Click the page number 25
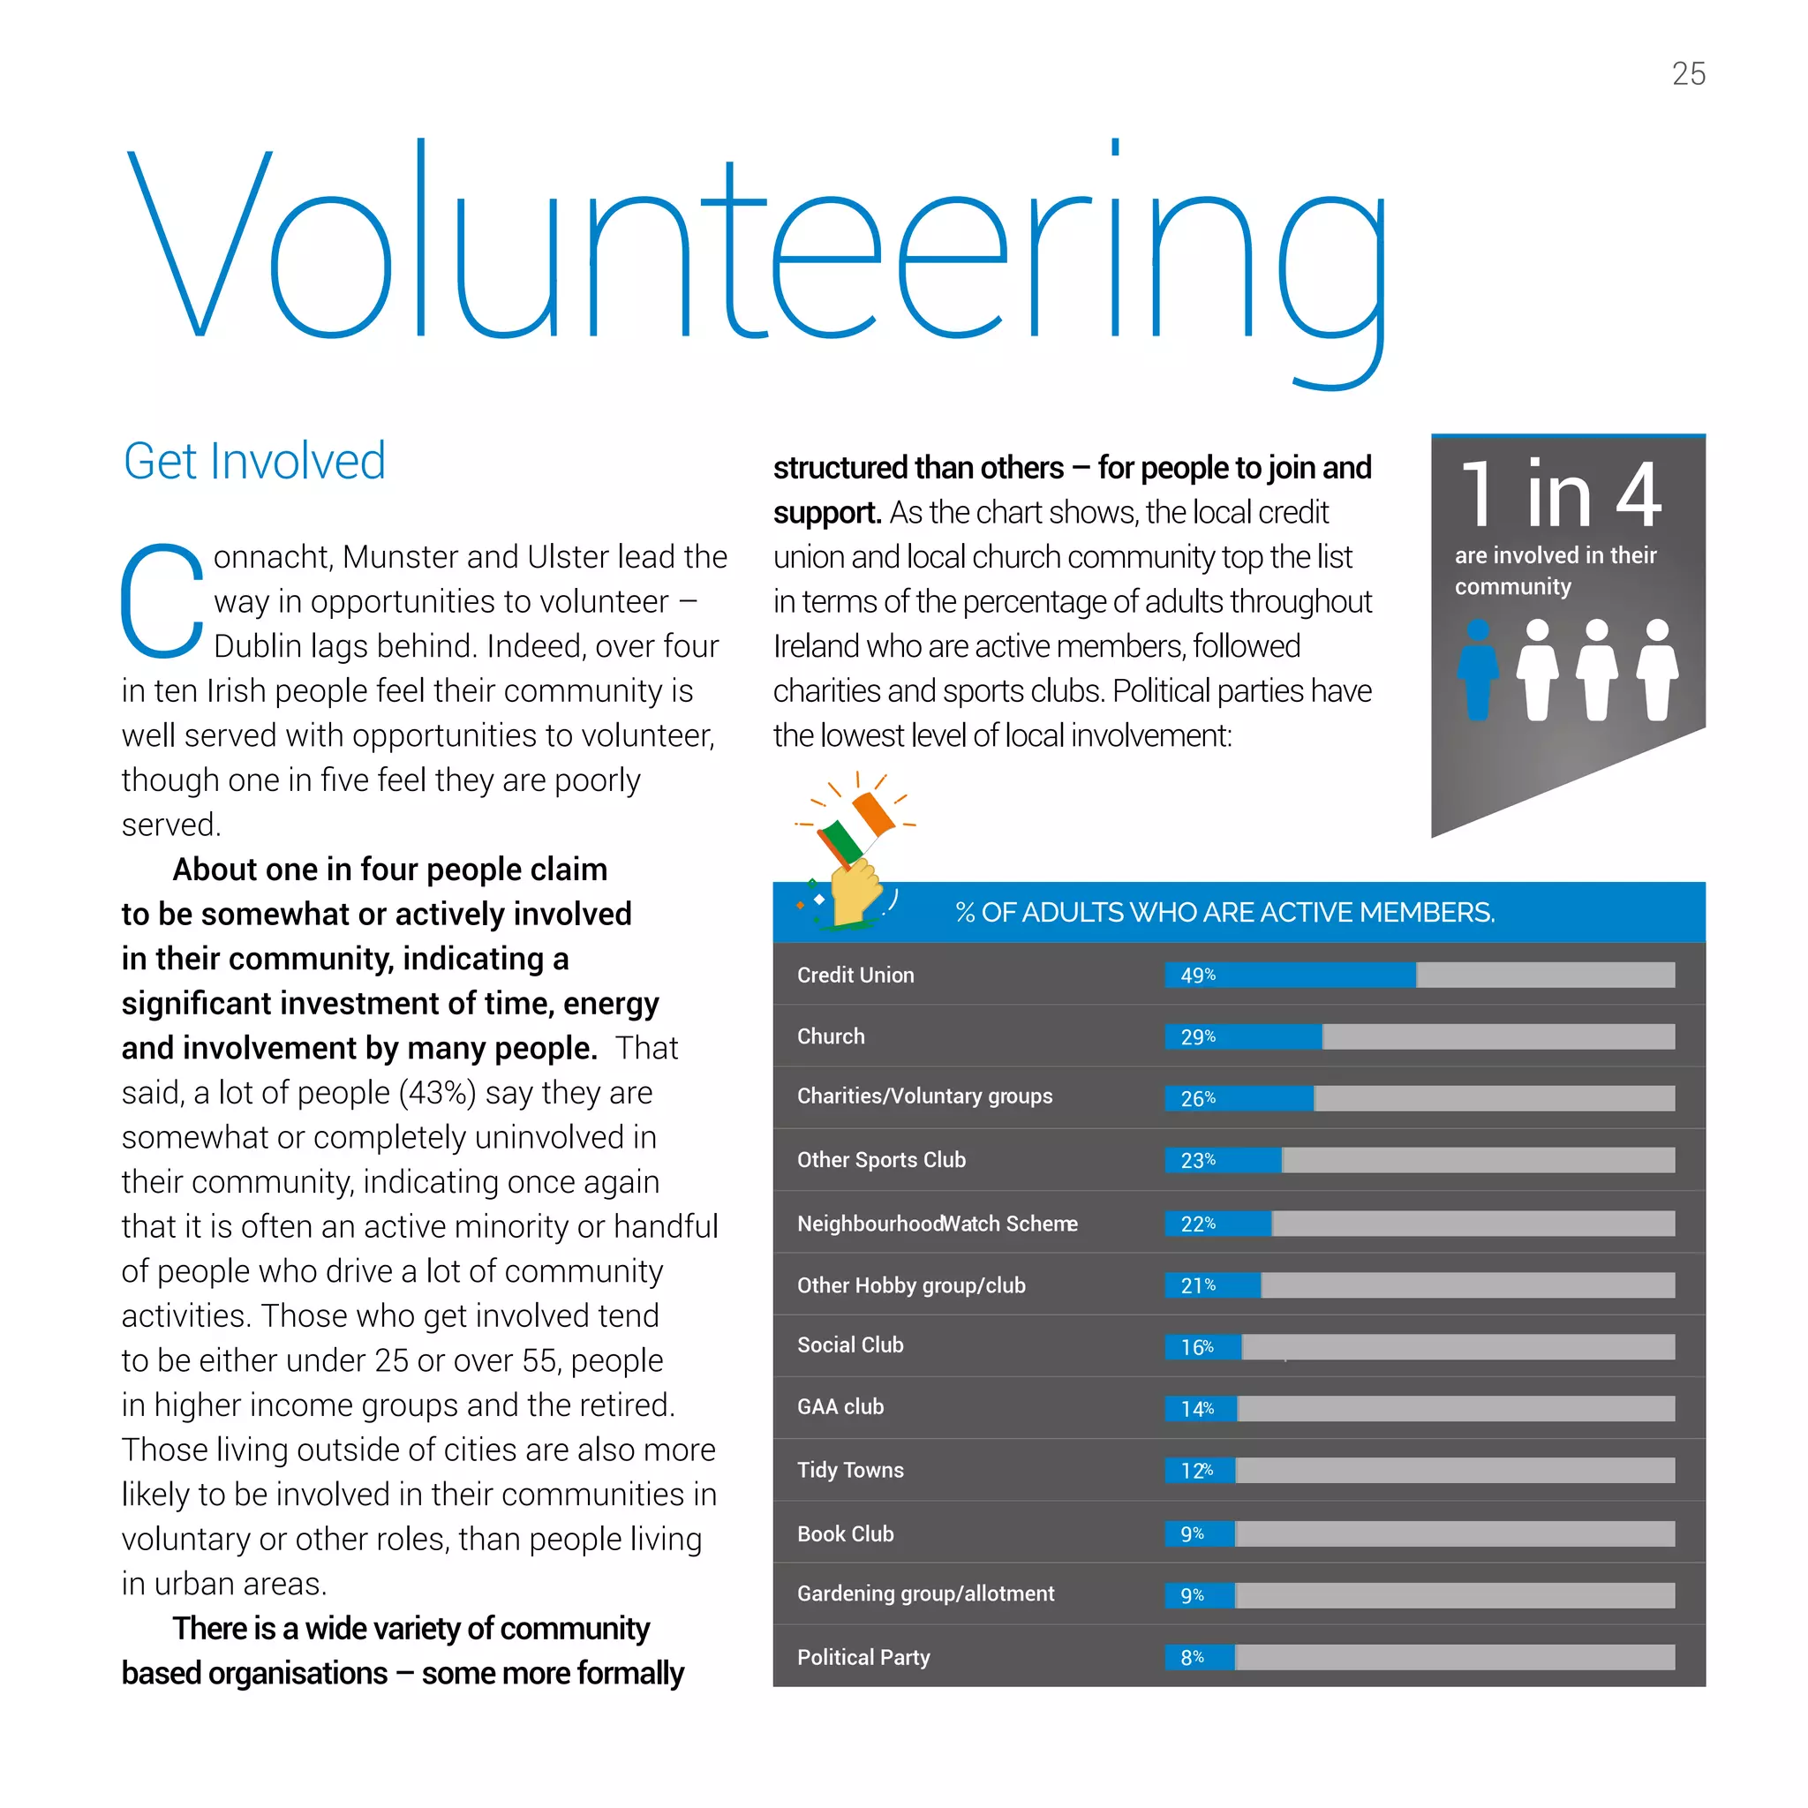[x=1688, y=74]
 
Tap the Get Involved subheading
[x=253, y=462]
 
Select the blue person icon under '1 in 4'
[x=1478, y=669]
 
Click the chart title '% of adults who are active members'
[x=1224, y=913]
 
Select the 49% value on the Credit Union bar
[x=1197, y=976]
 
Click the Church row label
[x=830, y=1036]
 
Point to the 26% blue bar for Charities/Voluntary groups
[x=1238, y=1097]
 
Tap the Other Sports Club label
[x=880, y=1159]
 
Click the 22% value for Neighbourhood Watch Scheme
[x=1197, y=1223]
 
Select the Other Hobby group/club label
[x=910, y=1284]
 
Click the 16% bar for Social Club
[x=1202, y=1346]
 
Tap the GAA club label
[x=840, y=1406]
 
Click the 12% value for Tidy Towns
[x=1196, y=1470]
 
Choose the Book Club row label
[x=845, y=1533]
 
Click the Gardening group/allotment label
[x=924, y=1593]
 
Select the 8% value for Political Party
[x=1191, y=1657]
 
